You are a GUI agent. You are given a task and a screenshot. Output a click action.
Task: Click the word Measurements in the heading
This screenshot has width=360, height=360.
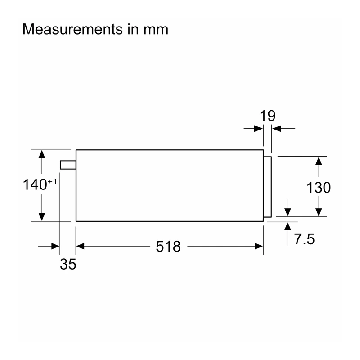[x=72, y=29]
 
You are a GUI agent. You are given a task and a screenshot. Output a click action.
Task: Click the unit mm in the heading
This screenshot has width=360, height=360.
[x=156, y=31]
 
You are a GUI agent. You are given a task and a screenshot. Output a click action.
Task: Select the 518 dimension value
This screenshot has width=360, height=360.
[x=168, y=247]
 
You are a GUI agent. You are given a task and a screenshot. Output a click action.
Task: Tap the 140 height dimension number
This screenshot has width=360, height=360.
[x=35, y=184]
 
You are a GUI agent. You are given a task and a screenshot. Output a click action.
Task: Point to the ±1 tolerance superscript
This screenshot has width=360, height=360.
[x=52, y=182]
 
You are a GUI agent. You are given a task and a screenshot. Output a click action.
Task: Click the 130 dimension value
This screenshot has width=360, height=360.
[x=319, y=188]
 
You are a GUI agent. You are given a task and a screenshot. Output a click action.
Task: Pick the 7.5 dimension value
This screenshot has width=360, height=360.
[x=305, y=239]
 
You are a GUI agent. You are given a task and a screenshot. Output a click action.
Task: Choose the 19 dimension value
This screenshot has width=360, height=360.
[x=267, y=116]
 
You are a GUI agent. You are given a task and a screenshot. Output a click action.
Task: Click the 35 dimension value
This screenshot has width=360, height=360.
[x=68, y=264]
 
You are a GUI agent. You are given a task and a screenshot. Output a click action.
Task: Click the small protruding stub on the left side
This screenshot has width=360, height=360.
[x=68, y=165]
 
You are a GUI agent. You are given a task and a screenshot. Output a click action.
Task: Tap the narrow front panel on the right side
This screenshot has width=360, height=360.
[x=267, y=187]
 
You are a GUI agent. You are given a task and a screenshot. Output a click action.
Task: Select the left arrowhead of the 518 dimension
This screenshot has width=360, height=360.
[x=80, y=246]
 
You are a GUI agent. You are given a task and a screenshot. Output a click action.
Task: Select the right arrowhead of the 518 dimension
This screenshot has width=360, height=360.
[x=259, y=246]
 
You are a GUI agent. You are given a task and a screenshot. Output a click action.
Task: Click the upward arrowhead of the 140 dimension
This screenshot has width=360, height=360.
[x=42, y=154]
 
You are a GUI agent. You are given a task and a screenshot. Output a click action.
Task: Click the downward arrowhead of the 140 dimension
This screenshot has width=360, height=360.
[x=42, y=217]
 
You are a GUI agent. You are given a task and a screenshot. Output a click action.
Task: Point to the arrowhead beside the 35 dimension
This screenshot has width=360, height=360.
[x=55, y=246]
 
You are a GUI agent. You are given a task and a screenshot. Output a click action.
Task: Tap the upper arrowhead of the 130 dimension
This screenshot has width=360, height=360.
[x=319, y=161]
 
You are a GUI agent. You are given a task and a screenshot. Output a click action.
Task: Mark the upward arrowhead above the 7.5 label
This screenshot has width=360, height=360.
[x=288, y=226]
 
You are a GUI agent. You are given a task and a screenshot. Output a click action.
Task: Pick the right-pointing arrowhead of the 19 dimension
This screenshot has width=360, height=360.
[x=259, y=129]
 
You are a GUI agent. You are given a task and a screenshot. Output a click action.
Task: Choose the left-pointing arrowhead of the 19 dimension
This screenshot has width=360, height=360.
[x=276, y=129]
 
